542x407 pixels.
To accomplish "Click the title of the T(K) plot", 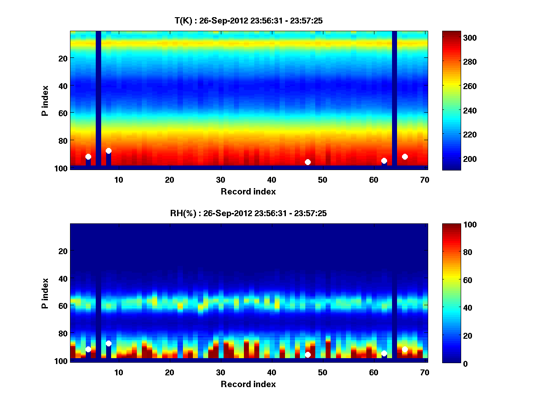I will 248,20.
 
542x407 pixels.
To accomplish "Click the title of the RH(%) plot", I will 248,213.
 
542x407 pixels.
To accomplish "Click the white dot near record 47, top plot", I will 308,162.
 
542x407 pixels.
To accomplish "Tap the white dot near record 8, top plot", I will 108,151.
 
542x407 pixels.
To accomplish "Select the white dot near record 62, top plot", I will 384,161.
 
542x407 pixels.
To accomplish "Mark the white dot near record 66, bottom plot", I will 405,349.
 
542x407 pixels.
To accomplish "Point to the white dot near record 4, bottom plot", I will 88,349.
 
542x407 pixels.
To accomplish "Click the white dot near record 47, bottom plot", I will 308,355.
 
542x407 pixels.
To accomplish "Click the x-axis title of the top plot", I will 248,192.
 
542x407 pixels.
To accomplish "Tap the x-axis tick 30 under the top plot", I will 220,179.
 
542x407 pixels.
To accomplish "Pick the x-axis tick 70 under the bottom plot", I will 425,372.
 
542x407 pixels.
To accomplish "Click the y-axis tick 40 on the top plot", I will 63,85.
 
